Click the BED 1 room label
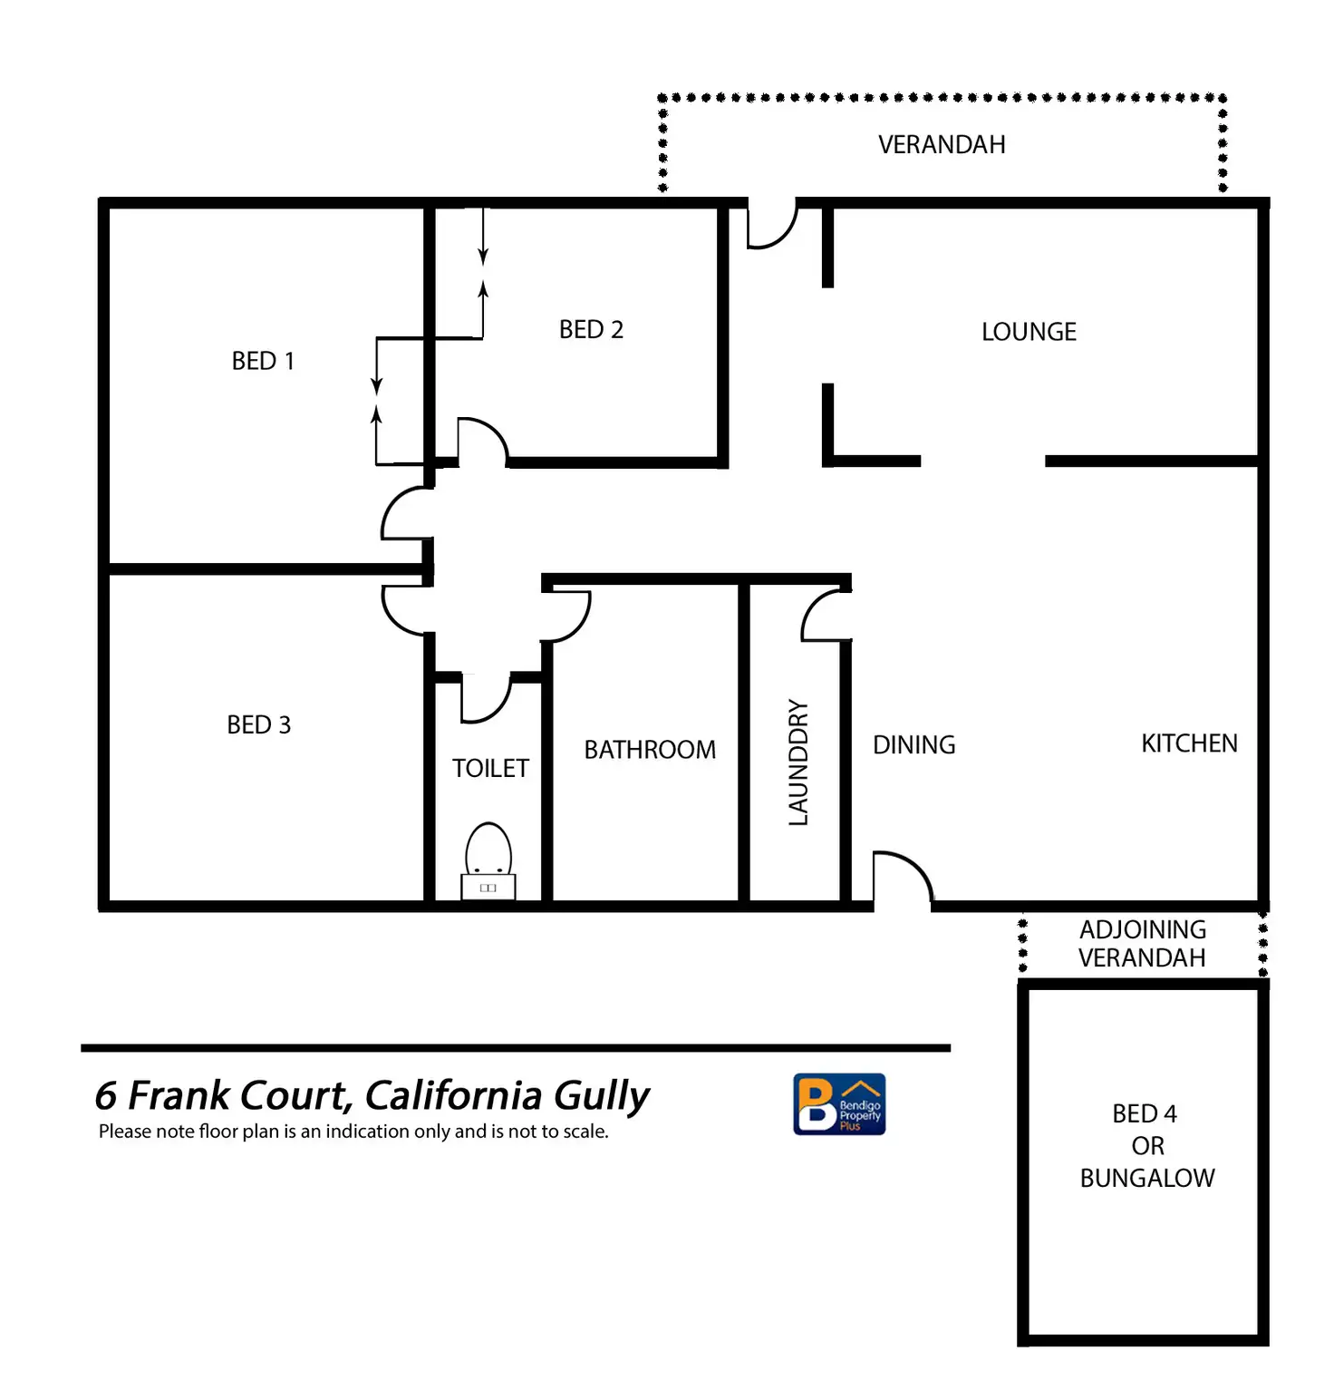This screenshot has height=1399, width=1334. (263, 361)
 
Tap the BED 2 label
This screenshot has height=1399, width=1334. (591, 329)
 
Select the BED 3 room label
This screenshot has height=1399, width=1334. (258, 724)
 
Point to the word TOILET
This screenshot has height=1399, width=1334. (490, 768)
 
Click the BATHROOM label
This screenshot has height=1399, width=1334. (650, 750)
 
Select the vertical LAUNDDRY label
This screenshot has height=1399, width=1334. (797, 762)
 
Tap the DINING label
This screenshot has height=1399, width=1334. (913, 745)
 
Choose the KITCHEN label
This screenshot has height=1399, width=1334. (1189, 743)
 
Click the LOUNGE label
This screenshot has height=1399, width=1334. (1029, 332)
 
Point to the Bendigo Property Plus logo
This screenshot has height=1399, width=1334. (839, 1103)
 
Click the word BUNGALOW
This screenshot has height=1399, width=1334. (1146, 1178)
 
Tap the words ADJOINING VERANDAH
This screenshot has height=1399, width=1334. (1142, 944)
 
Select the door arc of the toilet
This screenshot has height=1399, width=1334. (487, 700)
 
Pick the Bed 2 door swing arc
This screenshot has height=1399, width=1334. (482, 441)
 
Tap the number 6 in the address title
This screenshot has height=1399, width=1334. (106, 1096)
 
